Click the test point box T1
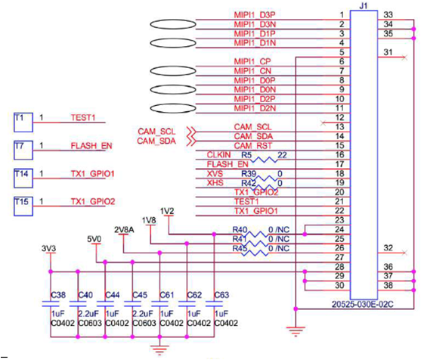pos(23,123)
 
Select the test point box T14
pos(23,178)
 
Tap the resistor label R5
pos(246,155)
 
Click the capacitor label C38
pos(58,295)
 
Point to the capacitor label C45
pos(140,295)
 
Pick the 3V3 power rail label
pos(49,249)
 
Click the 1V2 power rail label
pos(167,211)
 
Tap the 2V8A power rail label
pos(124,230)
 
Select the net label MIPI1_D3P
pos(255,15)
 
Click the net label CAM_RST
pos(253,146)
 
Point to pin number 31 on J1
pos(388,52)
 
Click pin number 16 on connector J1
pos(339,155)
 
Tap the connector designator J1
pos(364,5)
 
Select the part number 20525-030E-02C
pos(363,304)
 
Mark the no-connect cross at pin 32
pos(404,253)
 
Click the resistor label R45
pos(240,249)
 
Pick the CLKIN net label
pos(219,155)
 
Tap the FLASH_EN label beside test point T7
pos(91,146)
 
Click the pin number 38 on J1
pos(388,285)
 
